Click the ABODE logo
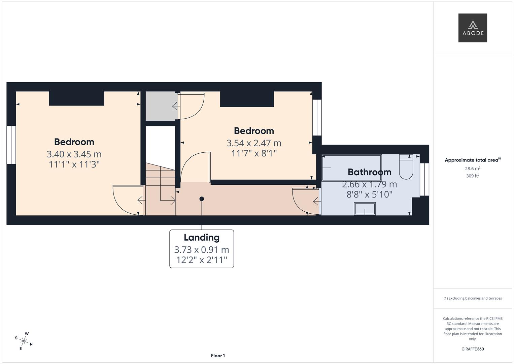click(473, 28)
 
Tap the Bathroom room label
click(369, 172)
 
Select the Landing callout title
click(201, 238)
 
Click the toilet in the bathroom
click(406, 167)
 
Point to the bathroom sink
click(365, 209)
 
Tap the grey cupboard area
click(161, 106)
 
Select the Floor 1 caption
click(218, 356)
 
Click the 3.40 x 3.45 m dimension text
click(74, 154)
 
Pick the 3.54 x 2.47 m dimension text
click(254, 143)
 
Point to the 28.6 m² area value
click(473, 169)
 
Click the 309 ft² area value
click(473, 176)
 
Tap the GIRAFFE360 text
click(473, 349)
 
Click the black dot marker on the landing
click(202, 199)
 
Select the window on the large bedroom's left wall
click(11, 145)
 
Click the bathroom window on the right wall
click(424, 179)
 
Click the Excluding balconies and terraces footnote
click(473, 298)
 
